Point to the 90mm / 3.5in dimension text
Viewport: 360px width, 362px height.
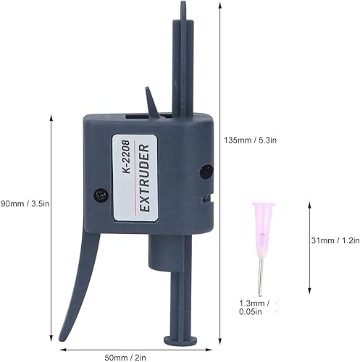pos(25,203)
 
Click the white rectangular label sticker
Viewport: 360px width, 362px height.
pos(135,174)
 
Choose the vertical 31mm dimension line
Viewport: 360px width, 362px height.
pos(309,240)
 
